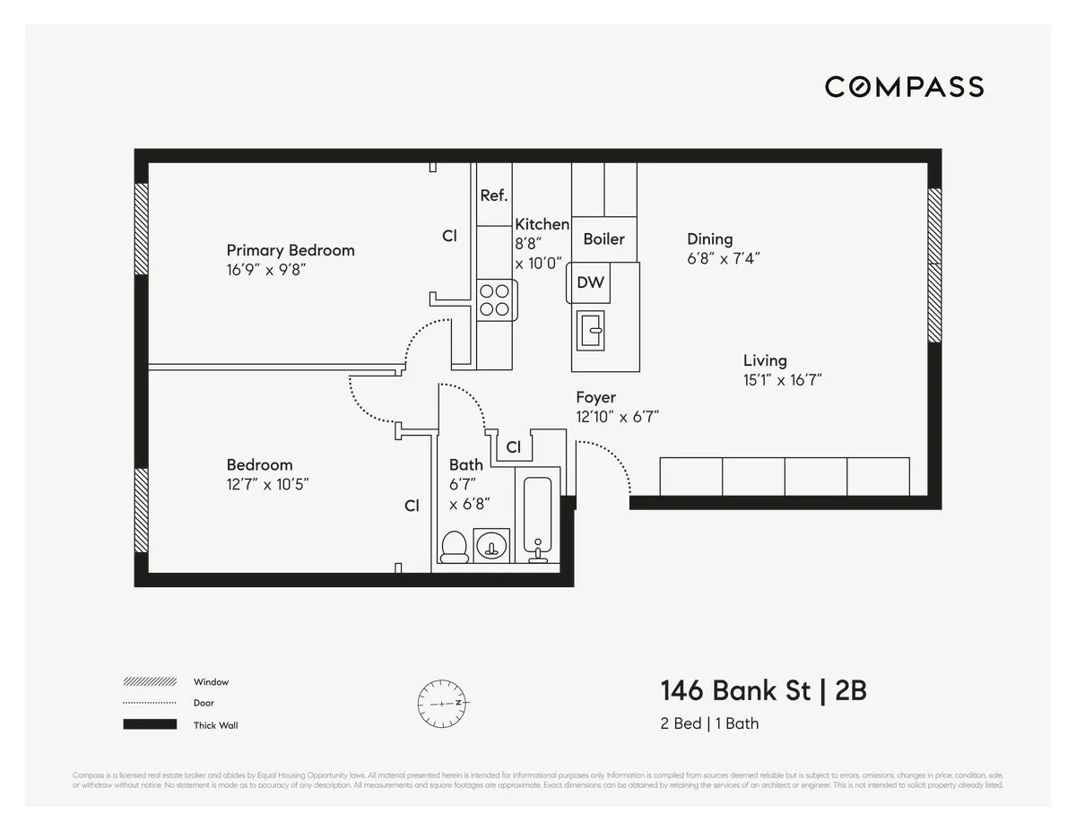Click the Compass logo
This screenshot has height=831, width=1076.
click(904, 87)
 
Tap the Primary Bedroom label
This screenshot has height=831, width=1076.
click(290, 250)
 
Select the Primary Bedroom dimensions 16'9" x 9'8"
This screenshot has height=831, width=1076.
click(266, 270)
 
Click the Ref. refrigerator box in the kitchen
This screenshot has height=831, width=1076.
click(494, 195)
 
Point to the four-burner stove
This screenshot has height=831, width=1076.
click(494, 299)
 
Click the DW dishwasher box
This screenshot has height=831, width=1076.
click(590, 282)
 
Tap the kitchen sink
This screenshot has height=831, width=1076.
click(592, 329)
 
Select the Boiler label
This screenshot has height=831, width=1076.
click(603, 239)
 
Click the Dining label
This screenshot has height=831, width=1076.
click(709, 238)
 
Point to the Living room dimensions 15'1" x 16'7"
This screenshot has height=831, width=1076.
click(782, 380)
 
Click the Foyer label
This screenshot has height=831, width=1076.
click(595, 397)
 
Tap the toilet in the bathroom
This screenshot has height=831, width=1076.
click(455, 547)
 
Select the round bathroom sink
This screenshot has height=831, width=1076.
click(490, 545)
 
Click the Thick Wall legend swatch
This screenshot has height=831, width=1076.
click(150, 724)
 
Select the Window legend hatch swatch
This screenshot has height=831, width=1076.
click(150, 681)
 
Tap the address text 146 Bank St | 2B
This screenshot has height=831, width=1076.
click(763, 691)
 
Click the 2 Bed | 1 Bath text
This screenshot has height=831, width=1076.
click(709, 723)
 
